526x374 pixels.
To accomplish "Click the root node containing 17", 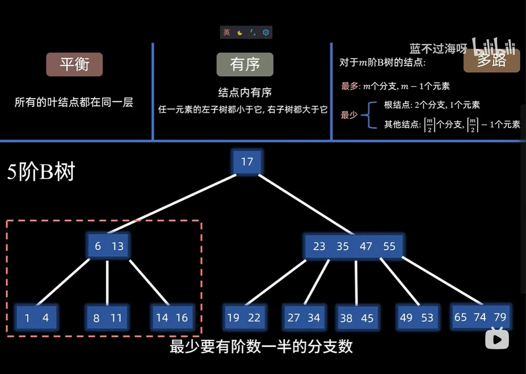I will (x=247, y=162).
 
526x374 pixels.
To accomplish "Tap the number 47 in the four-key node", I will (x=366, y=246).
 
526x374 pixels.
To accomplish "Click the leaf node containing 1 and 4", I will (x=36, y=318).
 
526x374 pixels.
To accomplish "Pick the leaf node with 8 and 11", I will (x=107, y=318).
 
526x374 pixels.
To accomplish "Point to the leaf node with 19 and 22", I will (x=243, y=317).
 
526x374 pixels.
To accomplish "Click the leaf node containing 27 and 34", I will (x=304, y=317).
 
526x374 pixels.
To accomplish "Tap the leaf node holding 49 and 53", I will (x=417, y=317).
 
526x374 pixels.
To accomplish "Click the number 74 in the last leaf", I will (x=480, y=317).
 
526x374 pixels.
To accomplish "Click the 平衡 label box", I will (x=74, y=64).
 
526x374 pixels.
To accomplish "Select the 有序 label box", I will (x=245, y=64).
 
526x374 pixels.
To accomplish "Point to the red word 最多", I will (x=349, y=86).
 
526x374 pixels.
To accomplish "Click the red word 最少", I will (x=349, y=115).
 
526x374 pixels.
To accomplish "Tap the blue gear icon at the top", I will (x=266, y=32).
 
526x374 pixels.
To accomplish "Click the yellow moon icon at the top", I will (x=240, y=32).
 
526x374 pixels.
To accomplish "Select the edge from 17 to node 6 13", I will (x=175, y=203).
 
